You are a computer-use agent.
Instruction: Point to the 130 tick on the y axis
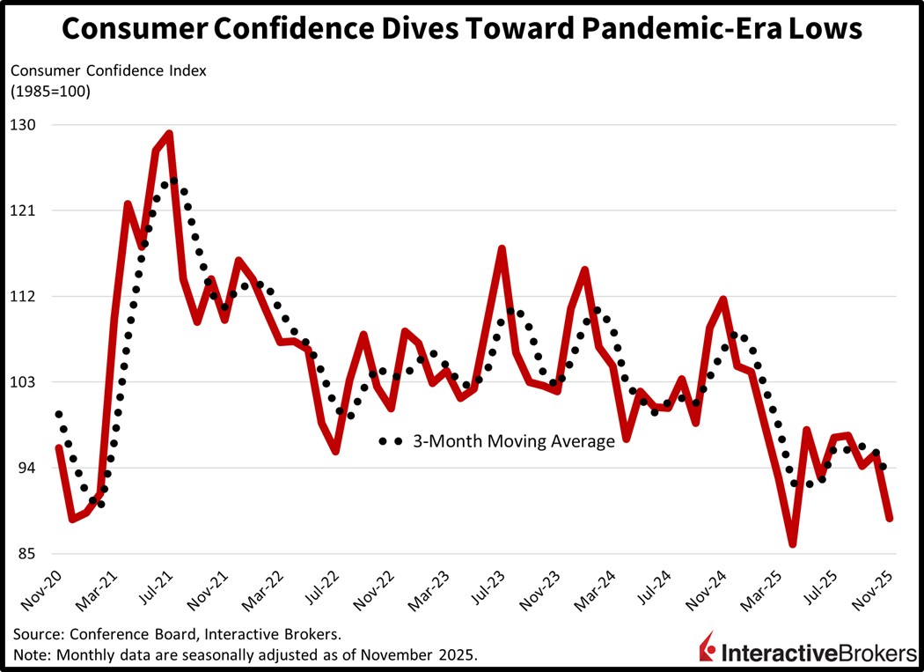coord(24,125)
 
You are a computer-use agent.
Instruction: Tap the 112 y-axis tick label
coord(24,297)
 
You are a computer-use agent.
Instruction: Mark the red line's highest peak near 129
coord(168,134)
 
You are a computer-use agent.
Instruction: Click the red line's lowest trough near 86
coord(793,544)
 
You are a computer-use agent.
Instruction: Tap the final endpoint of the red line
coord(890,518)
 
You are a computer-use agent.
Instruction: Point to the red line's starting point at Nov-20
coord(58,447)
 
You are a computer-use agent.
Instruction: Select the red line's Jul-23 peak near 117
coord(502,249)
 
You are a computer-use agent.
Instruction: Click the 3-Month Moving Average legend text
coord(514,441)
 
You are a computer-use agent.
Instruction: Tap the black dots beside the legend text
coord(390,441)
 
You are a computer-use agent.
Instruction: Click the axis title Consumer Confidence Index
coord(109,71)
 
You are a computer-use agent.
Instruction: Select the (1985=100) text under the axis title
coord(50,90)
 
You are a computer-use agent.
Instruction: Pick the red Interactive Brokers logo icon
coord(706,650)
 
